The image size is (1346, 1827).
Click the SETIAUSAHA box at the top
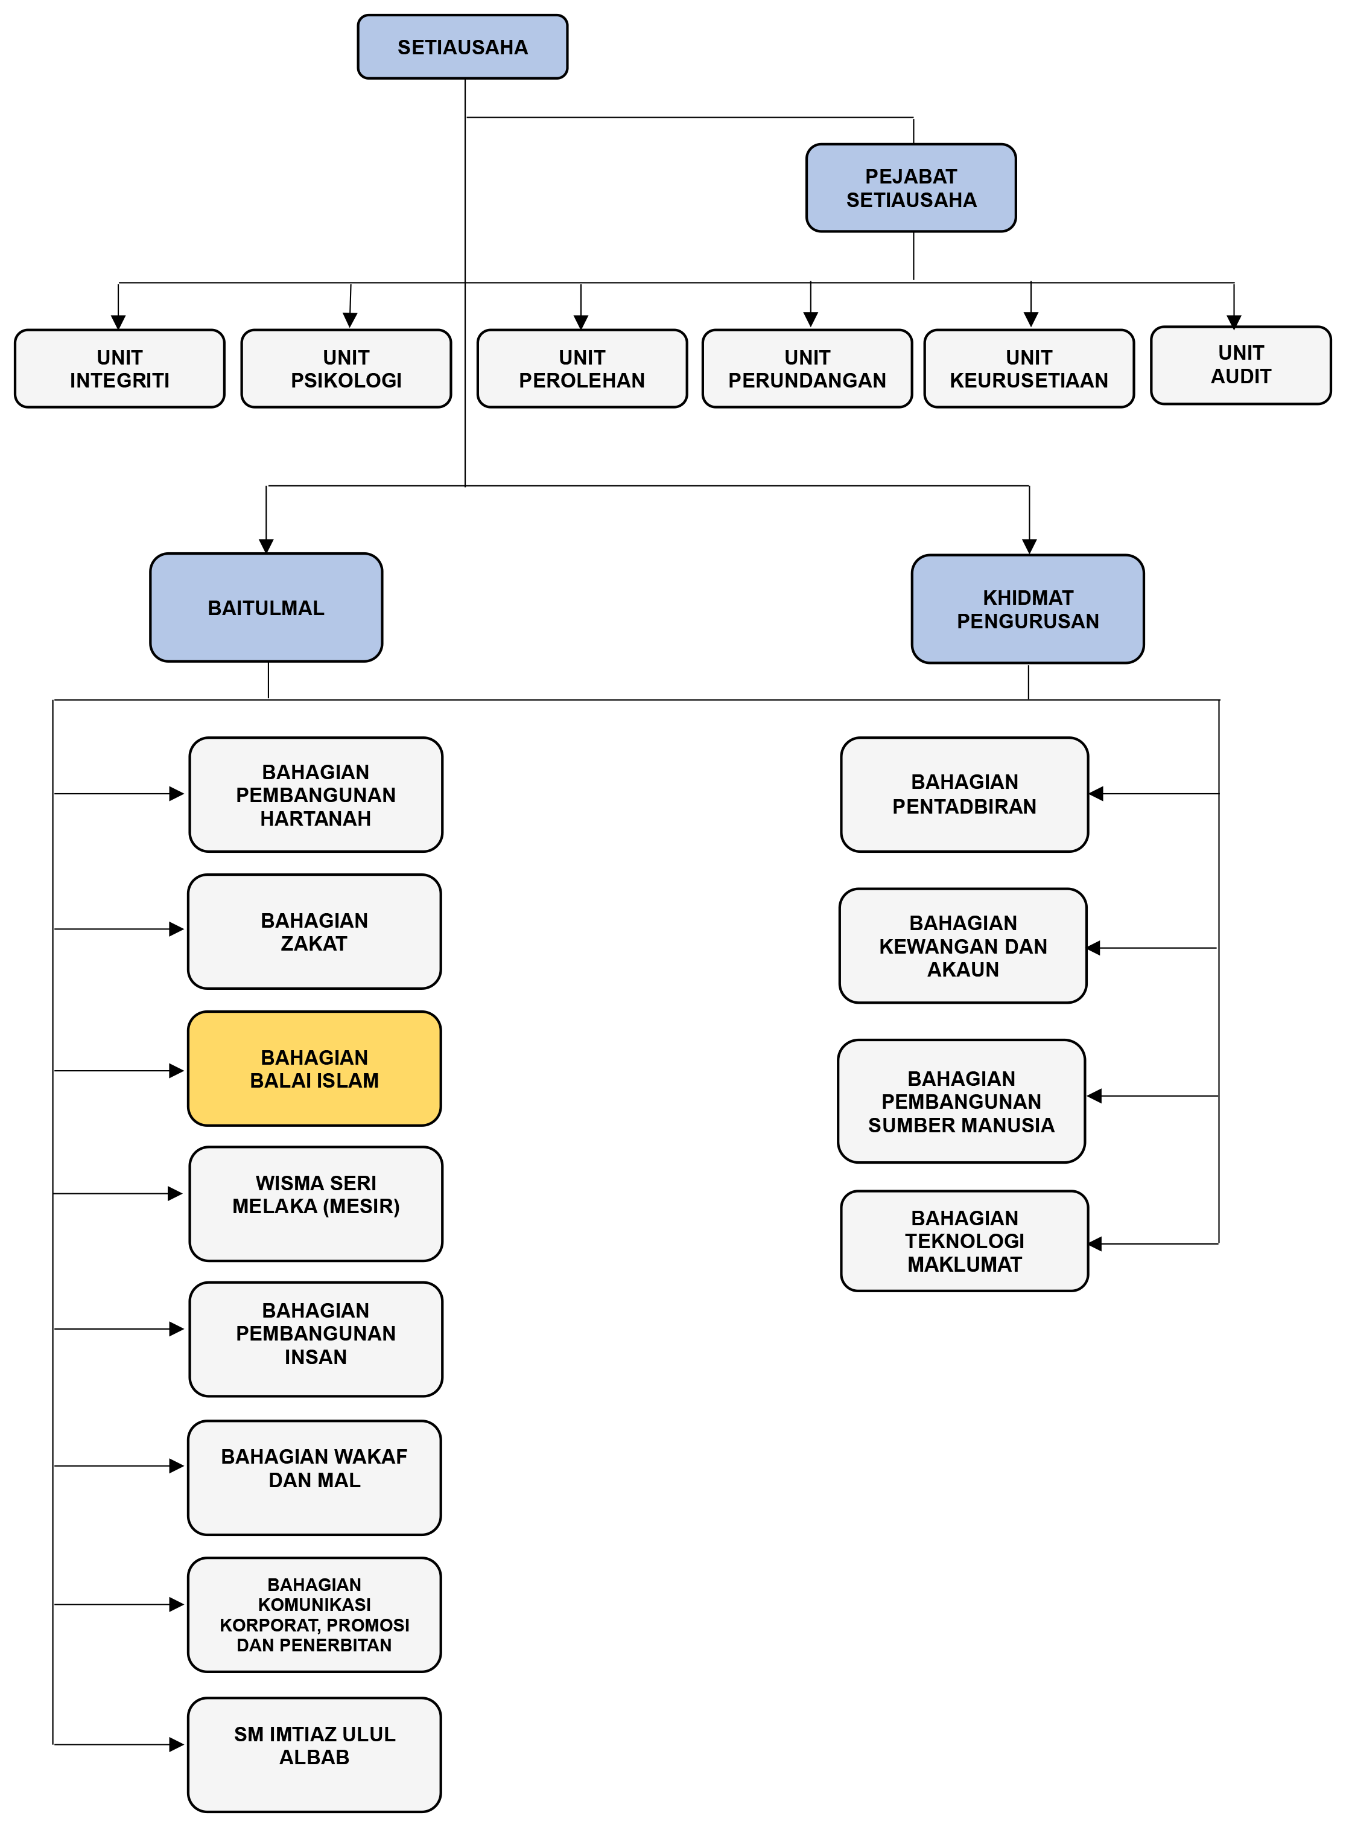pyautogui.click(x=462, y=47)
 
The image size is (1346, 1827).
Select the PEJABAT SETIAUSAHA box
pyautogui.click(x=911, y=188)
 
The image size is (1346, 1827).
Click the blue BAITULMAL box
pyautogui.click(x=265, y=608)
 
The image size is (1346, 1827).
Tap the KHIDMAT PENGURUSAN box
pyautogui.click(x=1027, y=609)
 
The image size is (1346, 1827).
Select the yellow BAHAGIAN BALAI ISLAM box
pyautogui.click(x=314, y=1068)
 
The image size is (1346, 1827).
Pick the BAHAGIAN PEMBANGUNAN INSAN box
pyautogui.click(x=316, y=1339)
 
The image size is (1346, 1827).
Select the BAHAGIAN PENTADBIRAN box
pyautogui.click(x=965, y=794)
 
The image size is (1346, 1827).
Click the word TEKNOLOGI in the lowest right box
pyautogui.click(x=965, y=1241)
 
